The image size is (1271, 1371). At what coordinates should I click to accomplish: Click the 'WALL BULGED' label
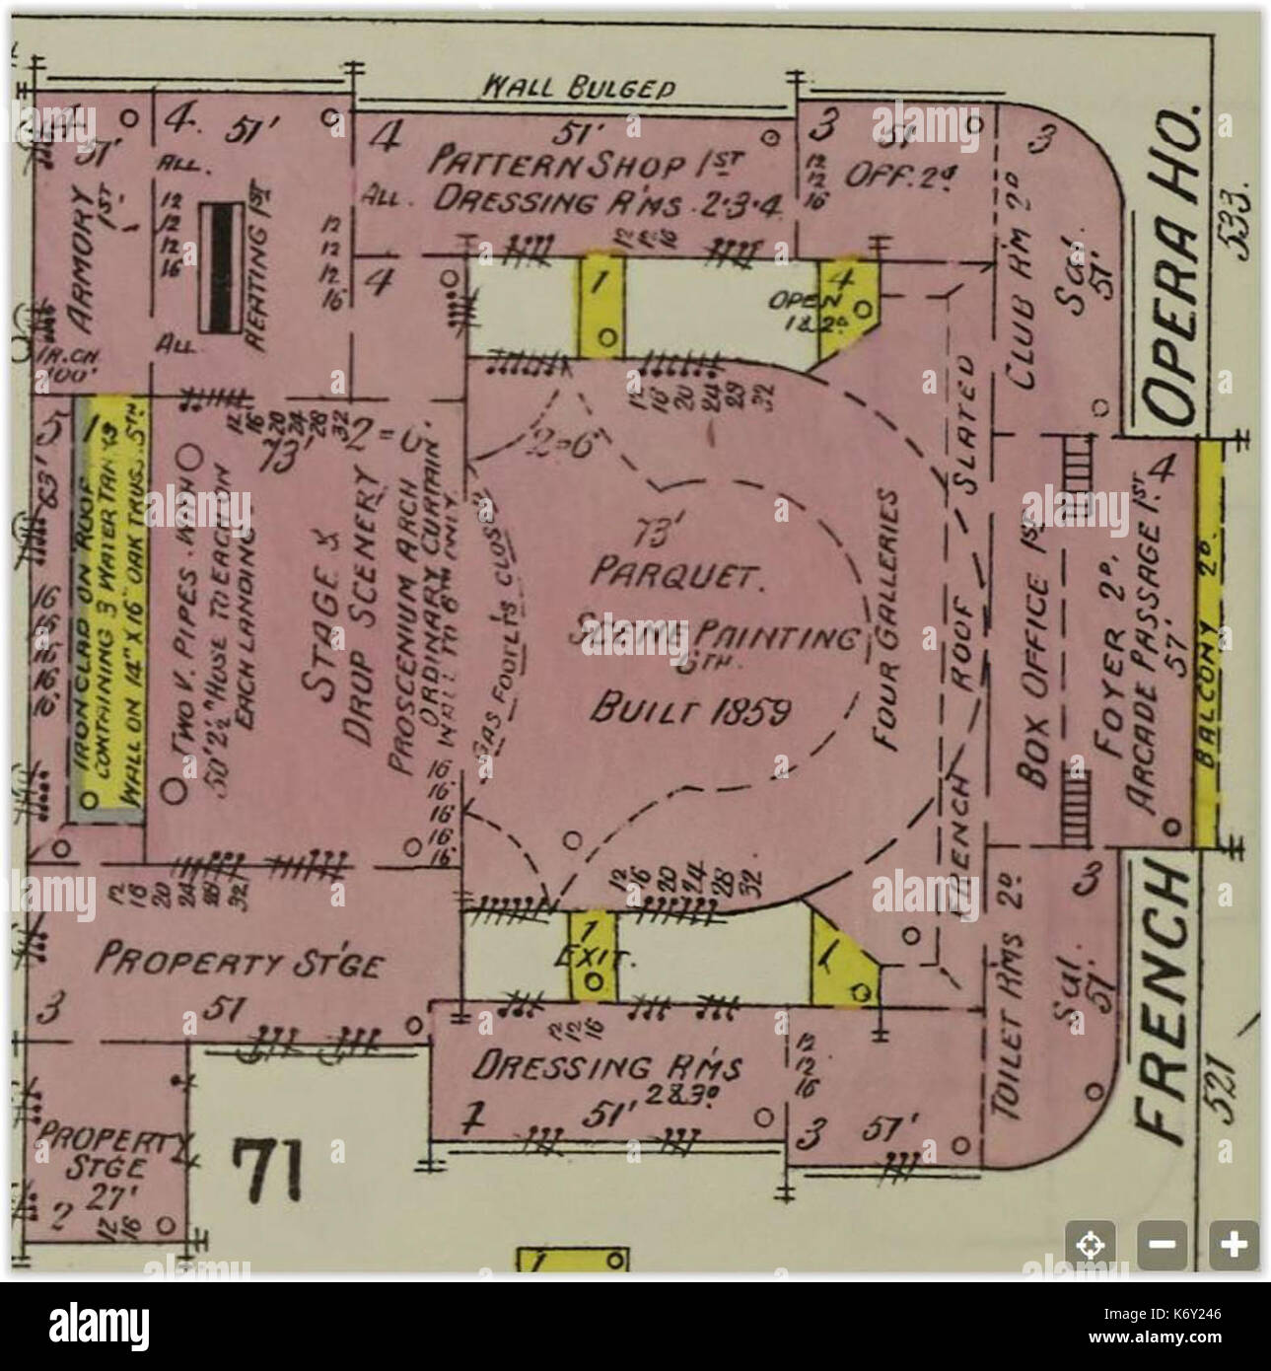pyautogui.click(x=577, y=87)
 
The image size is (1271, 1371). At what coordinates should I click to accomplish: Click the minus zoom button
pyautogui.click(x=1164, y=1243)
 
